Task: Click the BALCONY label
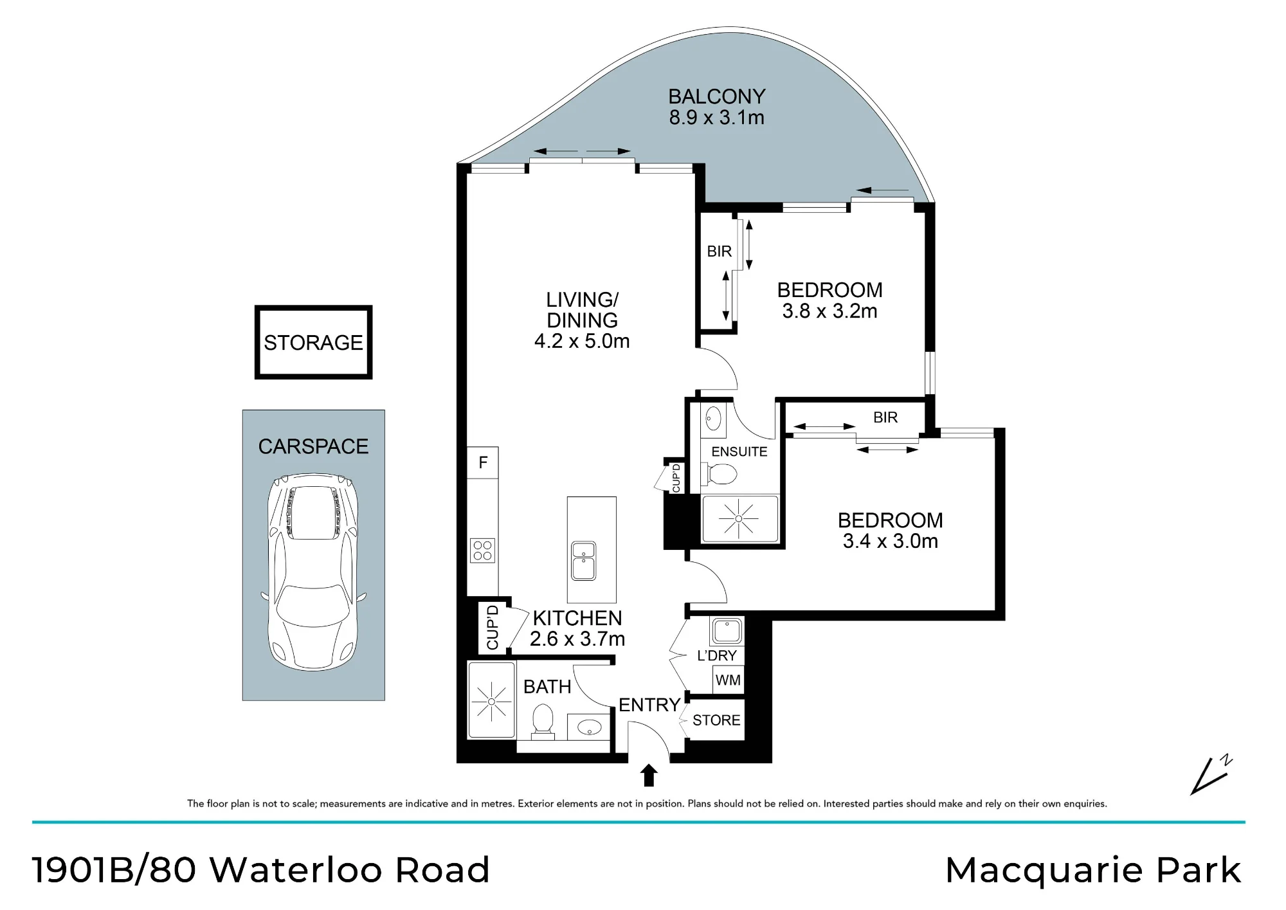[717, 96]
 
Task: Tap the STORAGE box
[313, 342]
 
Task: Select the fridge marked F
[482, 462]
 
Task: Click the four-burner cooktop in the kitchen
[483, 551]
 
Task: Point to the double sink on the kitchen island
[584, 561]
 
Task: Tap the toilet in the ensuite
[721, 475]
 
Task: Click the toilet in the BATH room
[543, 720]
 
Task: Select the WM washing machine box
[728, 680]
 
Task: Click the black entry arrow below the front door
[649, 775]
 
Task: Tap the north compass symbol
[1211, 774]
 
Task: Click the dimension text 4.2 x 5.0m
[582, 341]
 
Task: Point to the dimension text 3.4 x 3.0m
[891, 541]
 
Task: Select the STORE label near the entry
[716, 720]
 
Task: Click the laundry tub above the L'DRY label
[727, 631]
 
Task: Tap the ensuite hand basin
[713, 419]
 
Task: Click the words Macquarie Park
[1093, 871]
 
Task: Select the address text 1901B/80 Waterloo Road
[261, 869]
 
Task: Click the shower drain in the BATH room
[491, 701]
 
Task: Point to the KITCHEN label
[577, 618]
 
